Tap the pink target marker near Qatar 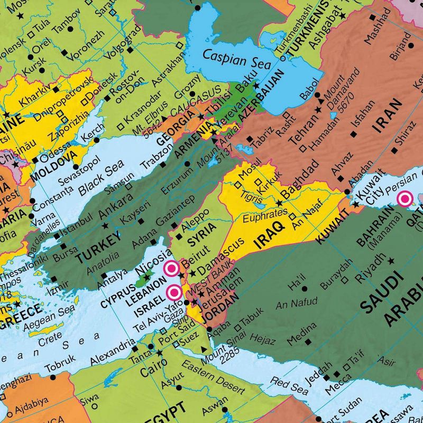click(x=406, y=199)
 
